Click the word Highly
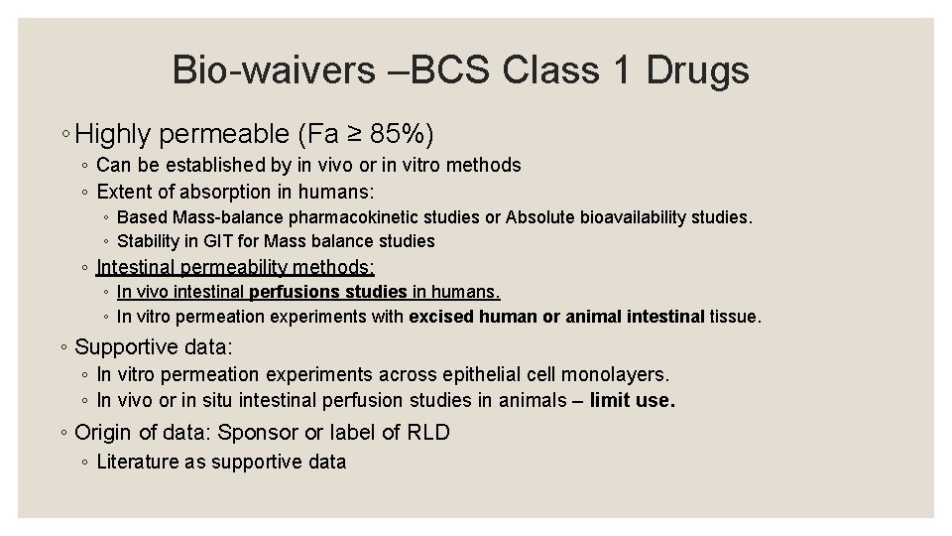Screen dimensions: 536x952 click(114, 132)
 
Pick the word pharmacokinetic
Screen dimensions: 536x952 click(355, 216)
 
